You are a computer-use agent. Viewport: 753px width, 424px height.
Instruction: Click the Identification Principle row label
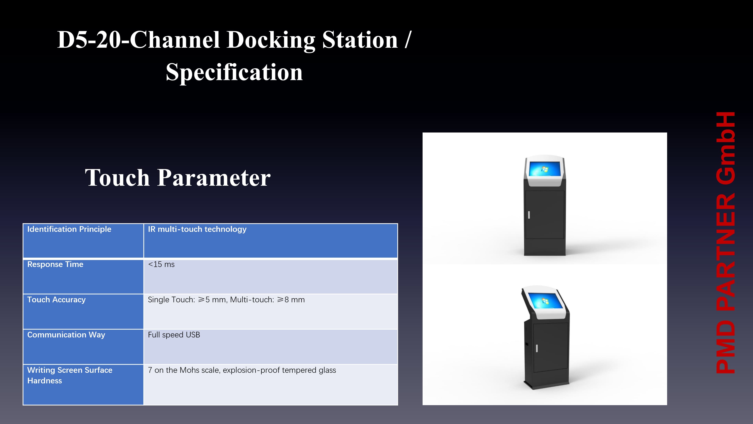pyautogui.click(x=69, y=229)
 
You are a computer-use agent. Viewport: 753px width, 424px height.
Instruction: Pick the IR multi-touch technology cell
pyautogui.click(x=197, y=229)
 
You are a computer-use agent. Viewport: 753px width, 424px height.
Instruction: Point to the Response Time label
pyautogui.click(x=55, y=264)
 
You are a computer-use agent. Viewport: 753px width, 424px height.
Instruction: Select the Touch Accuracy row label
pyautogui.click(x=56, y=300)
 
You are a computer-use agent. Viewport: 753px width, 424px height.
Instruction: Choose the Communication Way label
pyautogui.click(x=66, y=335)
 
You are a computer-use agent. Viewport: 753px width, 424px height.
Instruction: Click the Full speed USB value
pyautogui.click(x=174, y=335)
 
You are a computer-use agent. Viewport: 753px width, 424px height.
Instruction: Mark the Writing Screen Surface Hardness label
pyautogui.click(x=70, y=375)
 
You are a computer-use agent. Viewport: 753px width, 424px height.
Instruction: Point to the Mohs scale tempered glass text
pyautogui.click(x=242, y=370)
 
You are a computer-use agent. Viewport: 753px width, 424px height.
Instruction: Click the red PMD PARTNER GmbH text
pyautogui.click(x=726, y=243)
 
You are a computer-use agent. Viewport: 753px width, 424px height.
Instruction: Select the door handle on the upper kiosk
pyautogui.click(x=529, y=215)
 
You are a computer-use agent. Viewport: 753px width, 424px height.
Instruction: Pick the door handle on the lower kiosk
pyautogui.click(x=537, y=348)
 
